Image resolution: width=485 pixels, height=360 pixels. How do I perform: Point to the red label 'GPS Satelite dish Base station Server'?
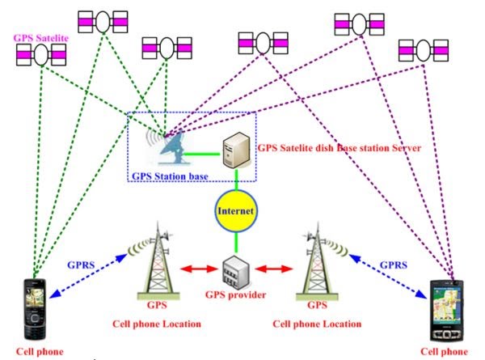[339, 149]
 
